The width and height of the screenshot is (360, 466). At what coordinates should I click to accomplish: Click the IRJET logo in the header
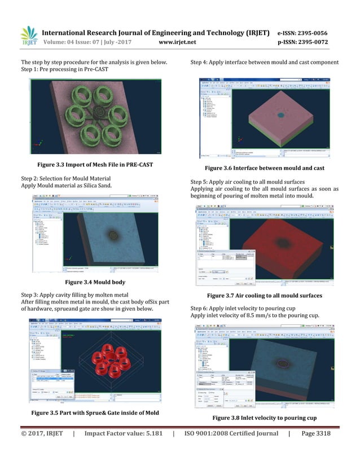pos(29,36)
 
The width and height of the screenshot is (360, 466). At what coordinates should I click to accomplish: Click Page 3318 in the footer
pos(316,449)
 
